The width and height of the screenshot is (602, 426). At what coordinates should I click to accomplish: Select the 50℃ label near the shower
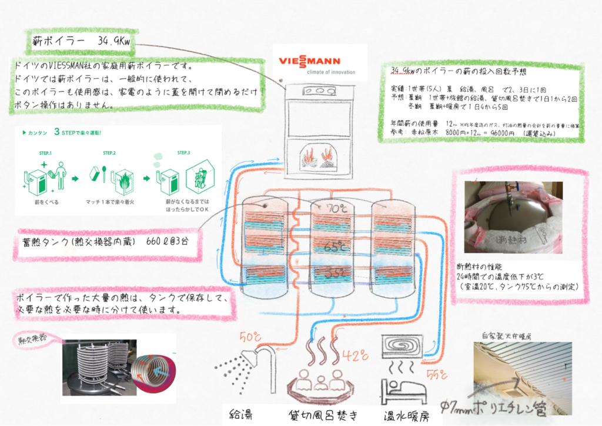[249, 337]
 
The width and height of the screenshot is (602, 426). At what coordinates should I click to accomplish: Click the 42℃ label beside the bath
[356, 355]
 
